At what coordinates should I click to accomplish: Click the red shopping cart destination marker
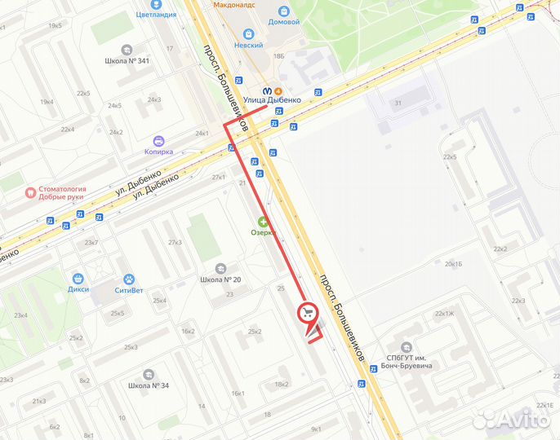(309, 313)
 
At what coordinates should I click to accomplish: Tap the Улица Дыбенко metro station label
(272, 100)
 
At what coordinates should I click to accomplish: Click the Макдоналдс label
(234, 4)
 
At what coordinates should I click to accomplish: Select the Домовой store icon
(283, 11)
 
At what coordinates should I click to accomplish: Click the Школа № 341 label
(127, 61)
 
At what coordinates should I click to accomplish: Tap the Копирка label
(158, 151)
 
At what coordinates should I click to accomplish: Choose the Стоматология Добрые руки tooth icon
(30, 193)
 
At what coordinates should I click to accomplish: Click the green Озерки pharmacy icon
(263, 222)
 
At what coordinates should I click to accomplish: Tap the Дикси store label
(78, 288)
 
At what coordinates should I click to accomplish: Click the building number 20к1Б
(453, 264)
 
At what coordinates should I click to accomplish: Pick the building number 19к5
(55, 25)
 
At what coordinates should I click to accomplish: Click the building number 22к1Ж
(444, 313)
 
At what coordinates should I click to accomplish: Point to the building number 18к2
(282, 385)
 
